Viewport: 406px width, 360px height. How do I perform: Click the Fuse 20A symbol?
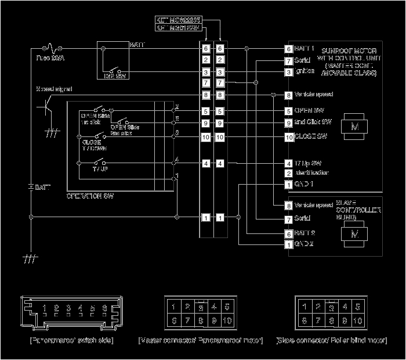click(51, 48)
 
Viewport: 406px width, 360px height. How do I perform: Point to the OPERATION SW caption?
click(90, 196)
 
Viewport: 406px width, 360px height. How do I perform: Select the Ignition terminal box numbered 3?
click(288, 72)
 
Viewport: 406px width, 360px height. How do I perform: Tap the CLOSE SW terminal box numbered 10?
click(288, 138)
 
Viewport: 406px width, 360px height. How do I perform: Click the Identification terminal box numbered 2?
click(288, 173)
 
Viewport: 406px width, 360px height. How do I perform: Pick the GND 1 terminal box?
click(288, 185)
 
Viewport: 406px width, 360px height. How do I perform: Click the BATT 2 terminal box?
click(288, 233)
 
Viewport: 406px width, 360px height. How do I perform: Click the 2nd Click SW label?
click(313, 123)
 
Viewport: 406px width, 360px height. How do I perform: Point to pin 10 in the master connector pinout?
click(226, 321)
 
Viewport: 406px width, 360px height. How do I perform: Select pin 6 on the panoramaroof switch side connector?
click(104, 308)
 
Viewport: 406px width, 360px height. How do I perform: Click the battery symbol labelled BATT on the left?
click(30, 188)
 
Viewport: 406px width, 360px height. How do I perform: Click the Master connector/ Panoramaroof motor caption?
click(201, 340)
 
